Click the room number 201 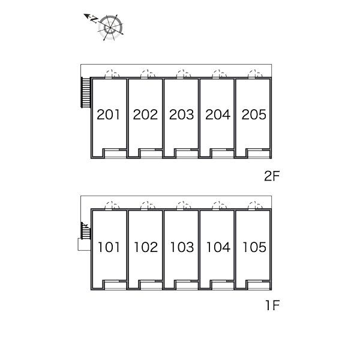tap(109, 115)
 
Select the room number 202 tap(145, 115)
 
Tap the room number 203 tap(182, 115)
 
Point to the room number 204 tap(218, 115)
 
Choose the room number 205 tap(254, 115)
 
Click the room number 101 tap(109, 247)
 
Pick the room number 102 tap(146, 247)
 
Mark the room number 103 tap(182, 247)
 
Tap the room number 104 tap(218, 247)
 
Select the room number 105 tap(254, 247)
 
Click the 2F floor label tap(272, 176)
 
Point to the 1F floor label tap(272, 305)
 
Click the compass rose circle tap(110, 28)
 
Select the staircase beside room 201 tap(85, 92)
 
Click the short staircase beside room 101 tap(86, 230)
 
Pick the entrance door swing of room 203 tap(184, 74)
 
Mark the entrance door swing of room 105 tap(256, 205)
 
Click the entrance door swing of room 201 tap(112, 74)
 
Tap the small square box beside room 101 tap(84, 245)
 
